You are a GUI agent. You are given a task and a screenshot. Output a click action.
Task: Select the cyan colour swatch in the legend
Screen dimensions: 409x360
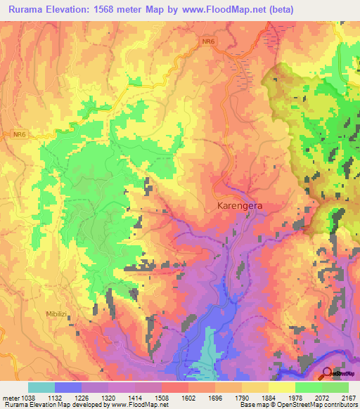pos(41,387)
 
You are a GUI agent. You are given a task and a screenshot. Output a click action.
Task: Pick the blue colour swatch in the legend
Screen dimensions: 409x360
pos(68,387)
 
